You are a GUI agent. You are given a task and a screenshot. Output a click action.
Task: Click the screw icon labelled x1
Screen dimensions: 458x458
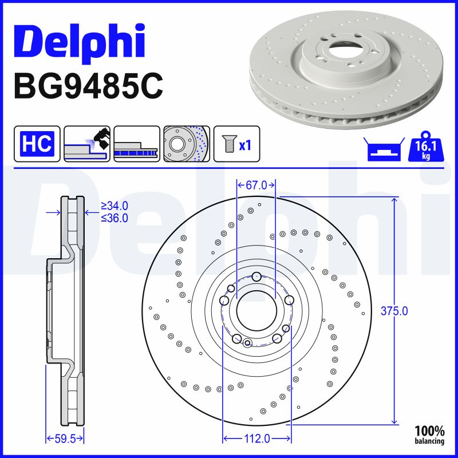[x=236, y=144]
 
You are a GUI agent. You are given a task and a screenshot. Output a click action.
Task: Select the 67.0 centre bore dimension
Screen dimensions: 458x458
[x=256, y=185]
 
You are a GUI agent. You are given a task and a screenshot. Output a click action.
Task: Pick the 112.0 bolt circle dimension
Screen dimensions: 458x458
[x=256, y=439]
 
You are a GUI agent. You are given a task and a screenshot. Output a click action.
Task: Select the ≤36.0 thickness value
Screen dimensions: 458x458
[x=114, y=218]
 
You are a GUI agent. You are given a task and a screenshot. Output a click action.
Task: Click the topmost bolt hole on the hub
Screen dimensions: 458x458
[x=256, y=277]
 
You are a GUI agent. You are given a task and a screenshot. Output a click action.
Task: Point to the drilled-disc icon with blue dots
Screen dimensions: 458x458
[x=187, y=144]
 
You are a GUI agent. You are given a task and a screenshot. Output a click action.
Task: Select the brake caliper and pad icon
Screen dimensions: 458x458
[x=86, y=144]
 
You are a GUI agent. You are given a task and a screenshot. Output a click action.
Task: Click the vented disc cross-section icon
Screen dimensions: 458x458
[x=136, y=144]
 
